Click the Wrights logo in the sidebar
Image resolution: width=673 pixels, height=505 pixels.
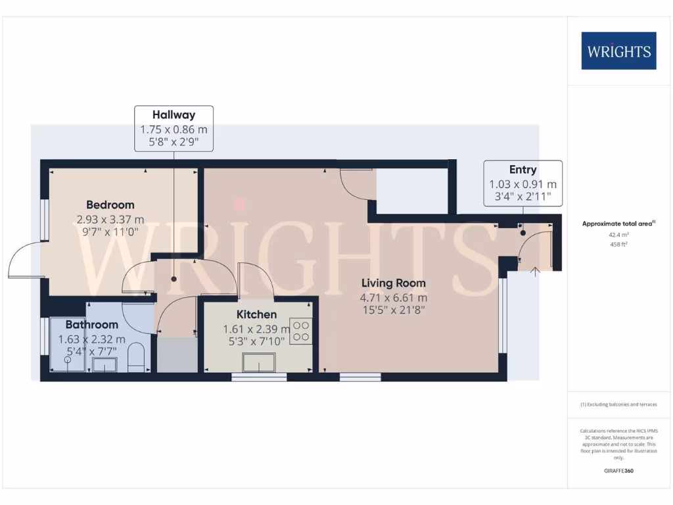pyautogui.click(x=618, y=51)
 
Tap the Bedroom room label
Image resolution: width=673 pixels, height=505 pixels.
pyautogui.click(x=110, y=204)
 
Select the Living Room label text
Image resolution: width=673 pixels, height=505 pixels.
pyautogui.click(x=393, y=283)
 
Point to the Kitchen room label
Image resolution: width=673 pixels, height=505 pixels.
pyautogui.click(x=256, y=314)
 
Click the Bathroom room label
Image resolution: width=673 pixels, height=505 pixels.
pyautogui.click(x=91, y=324)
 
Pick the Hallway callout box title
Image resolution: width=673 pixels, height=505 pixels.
pyautogui.click(x=174, y=115)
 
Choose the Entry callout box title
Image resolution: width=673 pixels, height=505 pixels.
pyautogui.click(x=522, y=170)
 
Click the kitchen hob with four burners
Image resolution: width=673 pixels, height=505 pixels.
pyautogui.click(x=301, y=330)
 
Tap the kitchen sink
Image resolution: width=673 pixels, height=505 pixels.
pyautogui.click(x=259, y=362)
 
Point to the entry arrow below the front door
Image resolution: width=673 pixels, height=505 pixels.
pyautogui.click(x=534, y=270)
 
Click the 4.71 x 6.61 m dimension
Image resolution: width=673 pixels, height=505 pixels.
pyautogui.click(x=393, y=297)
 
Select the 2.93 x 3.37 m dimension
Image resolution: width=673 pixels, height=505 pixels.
pyautogui.click(x=110, y=219)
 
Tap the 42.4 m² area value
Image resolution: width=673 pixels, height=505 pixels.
pyautogui.click(x=618, y=234)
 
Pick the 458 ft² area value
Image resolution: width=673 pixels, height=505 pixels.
pyautogui.click(x=618, y=243)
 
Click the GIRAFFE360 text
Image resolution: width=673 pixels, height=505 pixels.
pyautogui.click(x=618, y=471)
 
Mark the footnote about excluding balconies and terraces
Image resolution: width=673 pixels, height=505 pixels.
pyautogui.click(x=618, y=404)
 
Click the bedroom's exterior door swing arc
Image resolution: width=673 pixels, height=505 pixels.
pyautogui.click(x=24, y=260)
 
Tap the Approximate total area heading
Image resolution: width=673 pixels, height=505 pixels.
pyautogui.click(x=618, y=224)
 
